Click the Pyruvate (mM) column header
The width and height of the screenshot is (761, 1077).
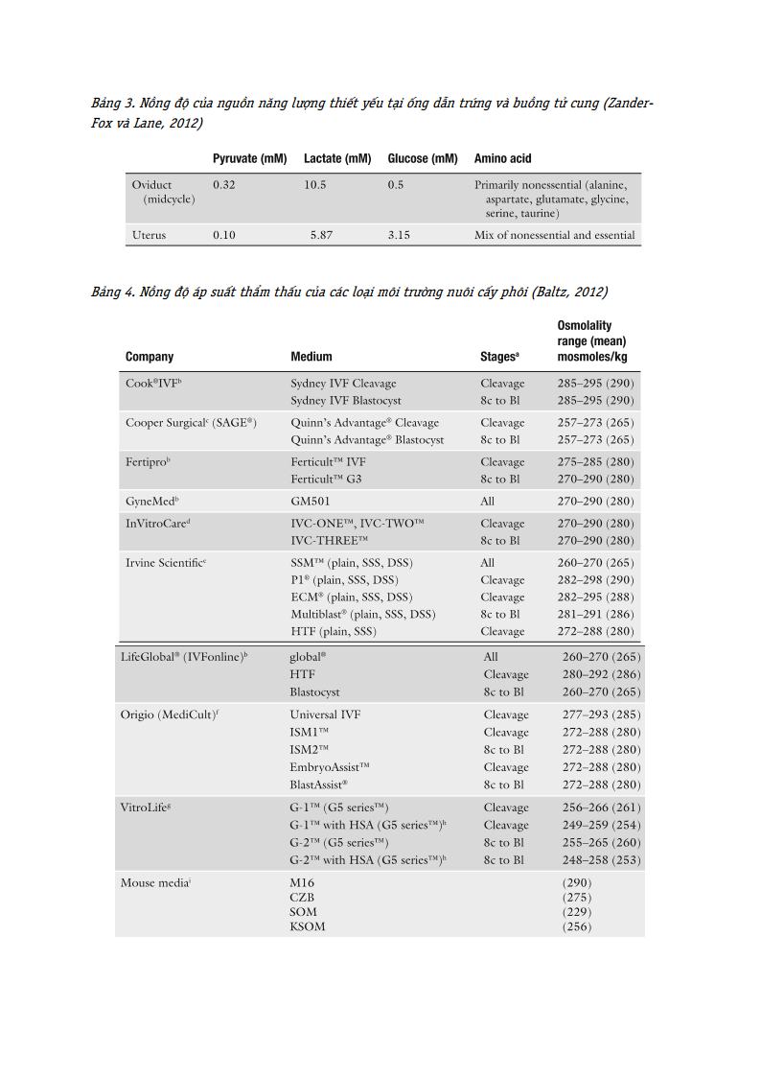[249, 158]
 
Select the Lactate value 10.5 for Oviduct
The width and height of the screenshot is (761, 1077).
[315, 185]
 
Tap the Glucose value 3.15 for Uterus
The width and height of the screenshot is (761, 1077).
[399, 235]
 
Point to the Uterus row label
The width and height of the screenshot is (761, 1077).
[149, 235]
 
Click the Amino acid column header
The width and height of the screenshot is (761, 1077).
[502, 158]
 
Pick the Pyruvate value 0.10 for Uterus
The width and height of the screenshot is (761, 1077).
[223, 235]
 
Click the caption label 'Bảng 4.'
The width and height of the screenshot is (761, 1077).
[112, 292]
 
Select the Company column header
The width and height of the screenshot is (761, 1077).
[150, 357]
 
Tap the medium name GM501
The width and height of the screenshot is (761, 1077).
[310, 501]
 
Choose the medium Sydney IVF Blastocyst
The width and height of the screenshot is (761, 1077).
[346, 400]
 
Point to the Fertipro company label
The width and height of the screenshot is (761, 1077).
[148, 461]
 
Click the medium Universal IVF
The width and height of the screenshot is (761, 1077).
[327, 714]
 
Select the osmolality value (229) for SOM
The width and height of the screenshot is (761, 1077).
[577, 912]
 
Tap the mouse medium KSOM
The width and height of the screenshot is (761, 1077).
[308, 926]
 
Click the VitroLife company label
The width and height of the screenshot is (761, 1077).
[146, 808]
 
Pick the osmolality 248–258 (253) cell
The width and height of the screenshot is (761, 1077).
[601, 860]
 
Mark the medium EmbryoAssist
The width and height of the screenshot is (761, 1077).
[330, 767]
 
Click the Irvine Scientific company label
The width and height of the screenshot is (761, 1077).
[166, 563]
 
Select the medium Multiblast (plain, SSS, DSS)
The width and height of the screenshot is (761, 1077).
[362, 614]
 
